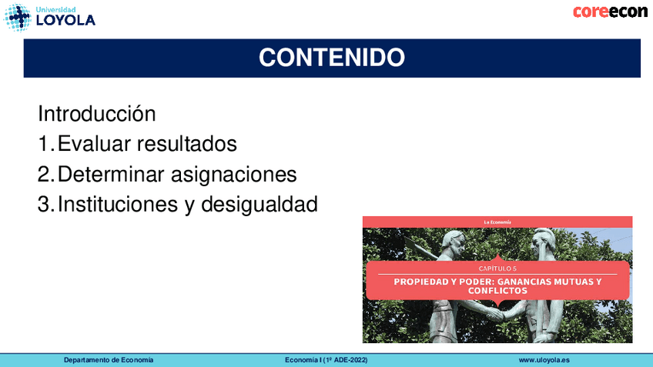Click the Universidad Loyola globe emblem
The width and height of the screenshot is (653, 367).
17,18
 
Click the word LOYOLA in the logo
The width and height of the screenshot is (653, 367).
65,20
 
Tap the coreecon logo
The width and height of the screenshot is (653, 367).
610,12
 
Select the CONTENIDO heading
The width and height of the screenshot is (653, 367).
332,58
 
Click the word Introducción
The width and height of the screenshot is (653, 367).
96,114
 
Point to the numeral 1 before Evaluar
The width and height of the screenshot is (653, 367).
45,144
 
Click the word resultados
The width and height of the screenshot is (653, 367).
187,144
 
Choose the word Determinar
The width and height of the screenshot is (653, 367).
111,174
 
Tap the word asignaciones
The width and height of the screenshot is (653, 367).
233,175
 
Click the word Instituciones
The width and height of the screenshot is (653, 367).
118,205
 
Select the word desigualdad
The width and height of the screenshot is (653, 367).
260,205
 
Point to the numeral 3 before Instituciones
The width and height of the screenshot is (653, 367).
44,205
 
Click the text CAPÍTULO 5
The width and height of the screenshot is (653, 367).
497,269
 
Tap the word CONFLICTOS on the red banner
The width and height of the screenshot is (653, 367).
497,290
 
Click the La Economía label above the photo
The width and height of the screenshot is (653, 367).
497,222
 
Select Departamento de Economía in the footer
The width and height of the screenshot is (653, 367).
109,360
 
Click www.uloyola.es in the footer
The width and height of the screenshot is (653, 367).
544,360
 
